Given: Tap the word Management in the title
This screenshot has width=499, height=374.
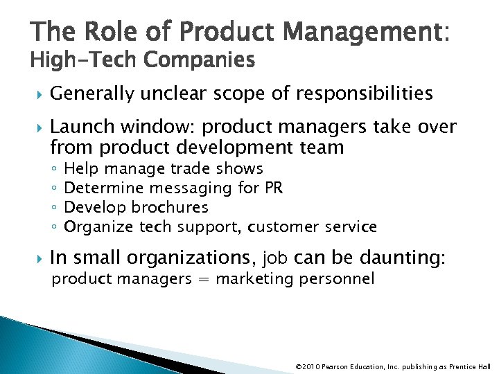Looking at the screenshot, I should (347, 33).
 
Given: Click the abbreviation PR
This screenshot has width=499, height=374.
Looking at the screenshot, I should (273, 188).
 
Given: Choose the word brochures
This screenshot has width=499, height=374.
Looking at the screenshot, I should (170, 207).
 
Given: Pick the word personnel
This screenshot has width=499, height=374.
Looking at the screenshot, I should (342, 279).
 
